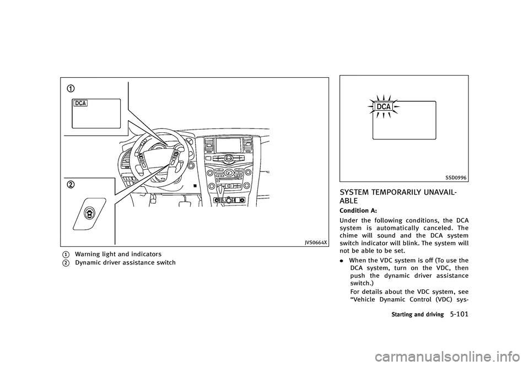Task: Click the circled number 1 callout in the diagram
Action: (x=71, y=88)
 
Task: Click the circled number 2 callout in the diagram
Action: (x=72, y=185)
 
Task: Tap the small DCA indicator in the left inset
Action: (x=80, y=104)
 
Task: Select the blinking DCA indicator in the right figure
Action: (x=384, y=106)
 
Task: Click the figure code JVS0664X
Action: (x=316, y=242)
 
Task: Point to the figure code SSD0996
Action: (x=456, y=177)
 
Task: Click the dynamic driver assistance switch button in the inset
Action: (x=90, y=213)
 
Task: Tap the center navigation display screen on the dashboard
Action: (x=228, y=146)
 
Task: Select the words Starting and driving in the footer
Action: (x=417, y=315)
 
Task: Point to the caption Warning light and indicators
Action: (x=118, y=254)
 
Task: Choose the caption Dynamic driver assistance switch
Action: (x=125, y=262)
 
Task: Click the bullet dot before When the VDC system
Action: (x=342, y=261)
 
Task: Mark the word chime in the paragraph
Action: (x=349, y=236)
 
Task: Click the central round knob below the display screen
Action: (x=228, y=157)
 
